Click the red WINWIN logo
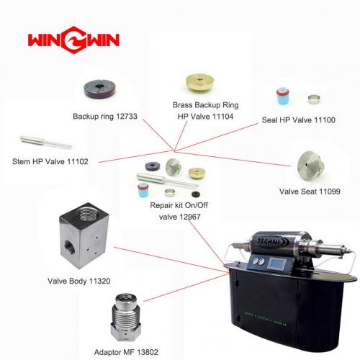click(x=73, y=40)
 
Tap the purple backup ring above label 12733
click(x=99, y=89)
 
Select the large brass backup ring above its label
click(x=199, y=82)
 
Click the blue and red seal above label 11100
click(x=283, y=96)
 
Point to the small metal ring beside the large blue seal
click(x=314, y=99)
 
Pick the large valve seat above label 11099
click(x=311, y=165)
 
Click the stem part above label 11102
click(x=46, y=142)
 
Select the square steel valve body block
click(x=84, y=235)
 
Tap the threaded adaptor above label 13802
click(x=126, y=318)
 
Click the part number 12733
click(x=127, y=117)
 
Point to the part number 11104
click(x=222, y=117)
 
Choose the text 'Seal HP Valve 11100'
click(x=298, y=120)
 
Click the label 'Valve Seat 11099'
click(x=310, y=192)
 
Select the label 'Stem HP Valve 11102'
click(x=50, y=161)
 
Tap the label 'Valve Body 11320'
click(x=79, y=281)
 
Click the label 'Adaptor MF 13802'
click(x=126, y=352)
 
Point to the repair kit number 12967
click(x=189, y=217)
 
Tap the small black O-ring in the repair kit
click(x=196, y=194)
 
